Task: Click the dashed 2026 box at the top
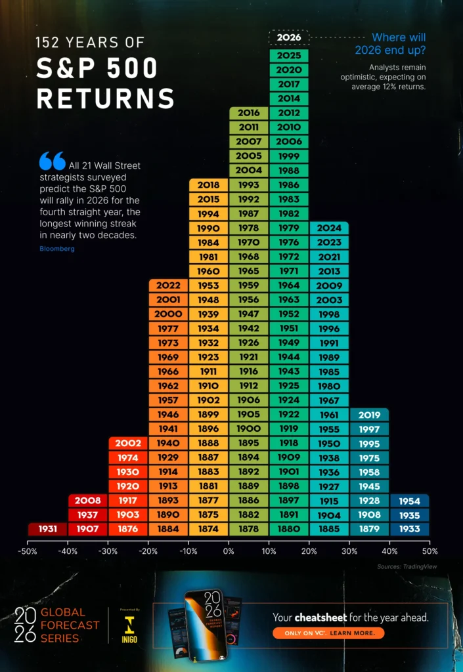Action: click(289, 37)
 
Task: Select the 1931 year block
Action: click(47, 528)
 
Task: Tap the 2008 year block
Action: click(88, 500)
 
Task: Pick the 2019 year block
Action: click(369, 415)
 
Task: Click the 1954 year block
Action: click(409, 501)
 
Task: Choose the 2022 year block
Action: click(169, 285)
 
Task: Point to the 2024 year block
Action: click(329, 228)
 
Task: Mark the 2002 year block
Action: click(128, 443)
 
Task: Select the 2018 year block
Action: click(209, 185)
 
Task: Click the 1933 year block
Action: click(409, 529)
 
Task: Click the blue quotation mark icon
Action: click(52, 161)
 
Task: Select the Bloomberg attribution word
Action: click(57, 249)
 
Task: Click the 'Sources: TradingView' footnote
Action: click(407, 566)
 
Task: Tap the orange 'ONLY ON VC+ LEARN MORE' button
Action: click(328, 633)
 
